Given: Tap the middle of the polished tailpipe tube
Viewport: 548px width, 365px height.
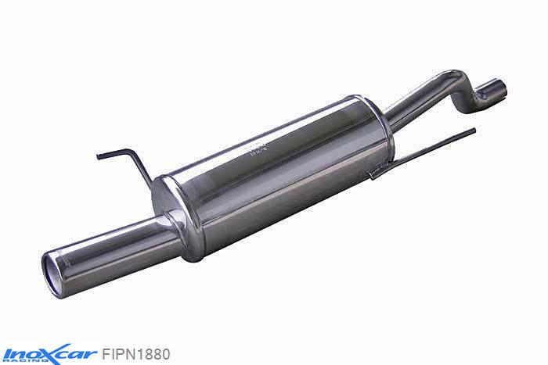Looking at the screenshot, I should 110,249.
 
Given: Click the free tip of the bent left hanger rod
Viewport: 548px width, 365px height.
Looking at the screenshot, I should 99,156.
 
